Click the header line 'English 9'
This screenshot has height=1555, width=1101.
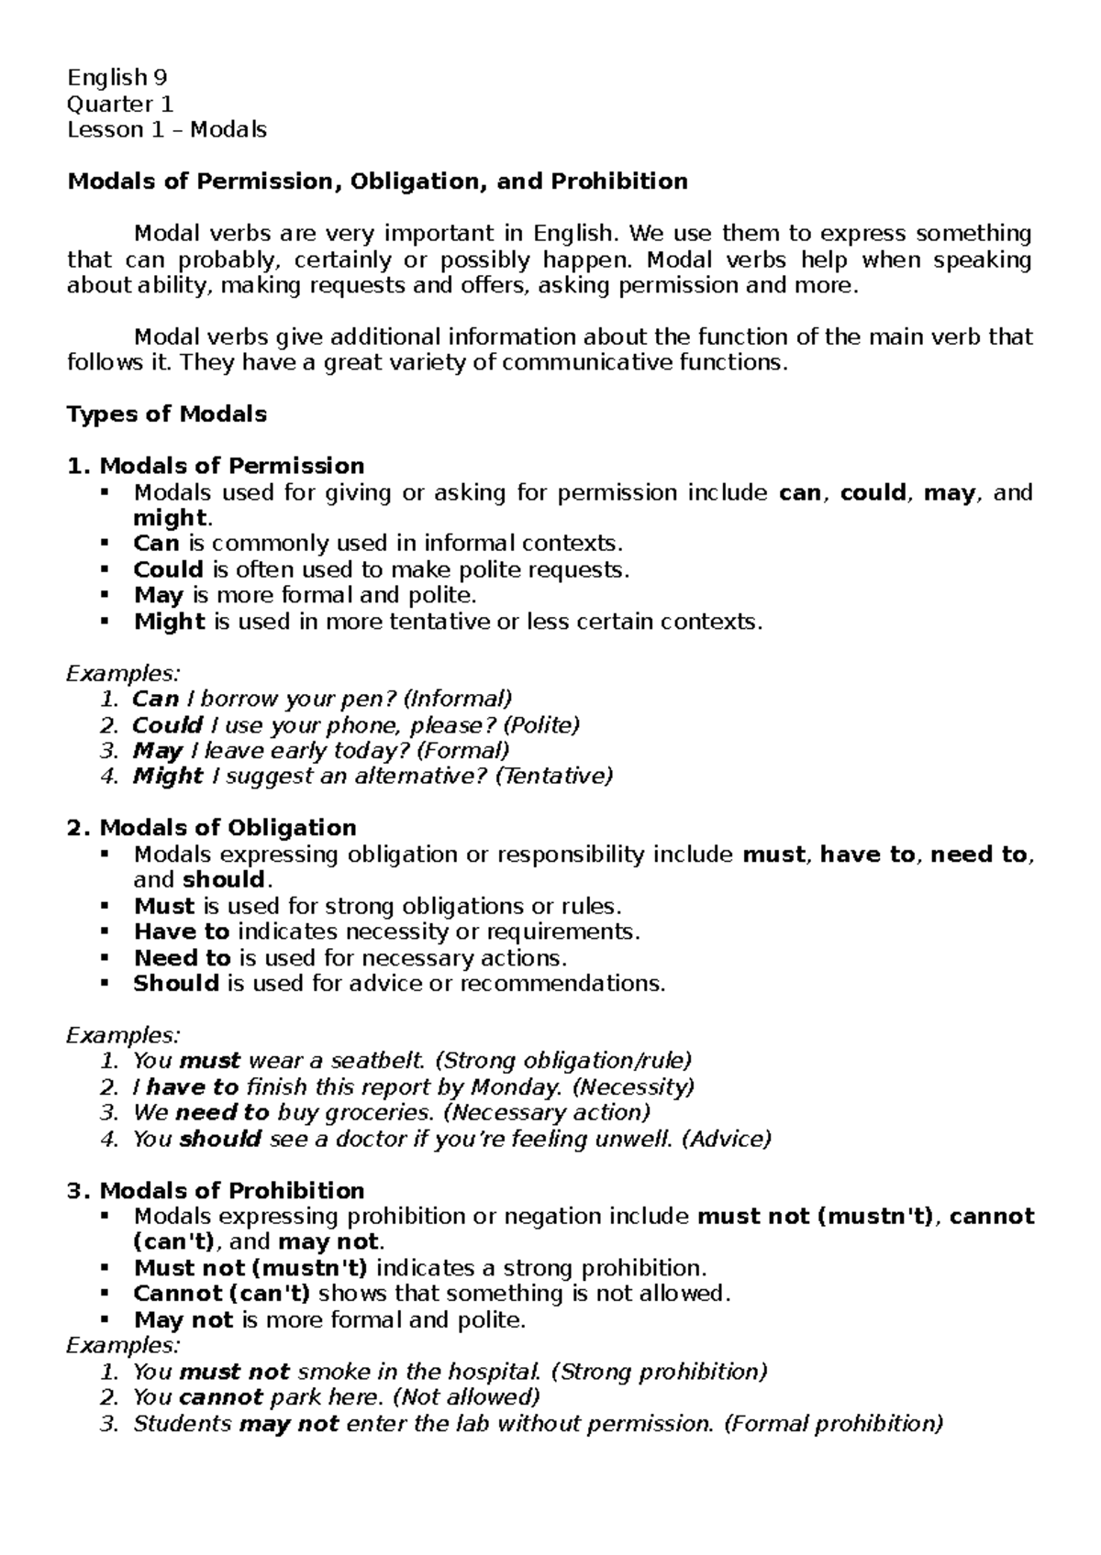(117, 77)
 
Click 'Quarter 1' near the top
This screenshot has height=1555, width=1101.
(120, 104)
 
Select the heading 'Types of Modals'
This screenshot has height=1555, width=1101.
(167, 414)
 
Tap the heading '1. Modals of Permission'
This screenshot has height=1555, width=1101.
(216, 466)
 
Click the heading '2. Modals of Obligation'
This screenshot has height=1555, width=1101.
(212, 828)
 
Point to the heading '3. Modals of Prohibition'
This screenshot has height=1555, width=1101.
(216, 1191)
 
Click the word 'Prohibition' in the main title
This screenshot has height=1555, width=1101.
(618, 182)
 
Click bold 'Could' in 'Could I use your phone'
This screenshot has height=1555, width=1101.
(168, 725)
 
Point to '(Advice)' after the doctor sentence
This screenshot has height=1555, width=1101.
(728, 1139)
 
